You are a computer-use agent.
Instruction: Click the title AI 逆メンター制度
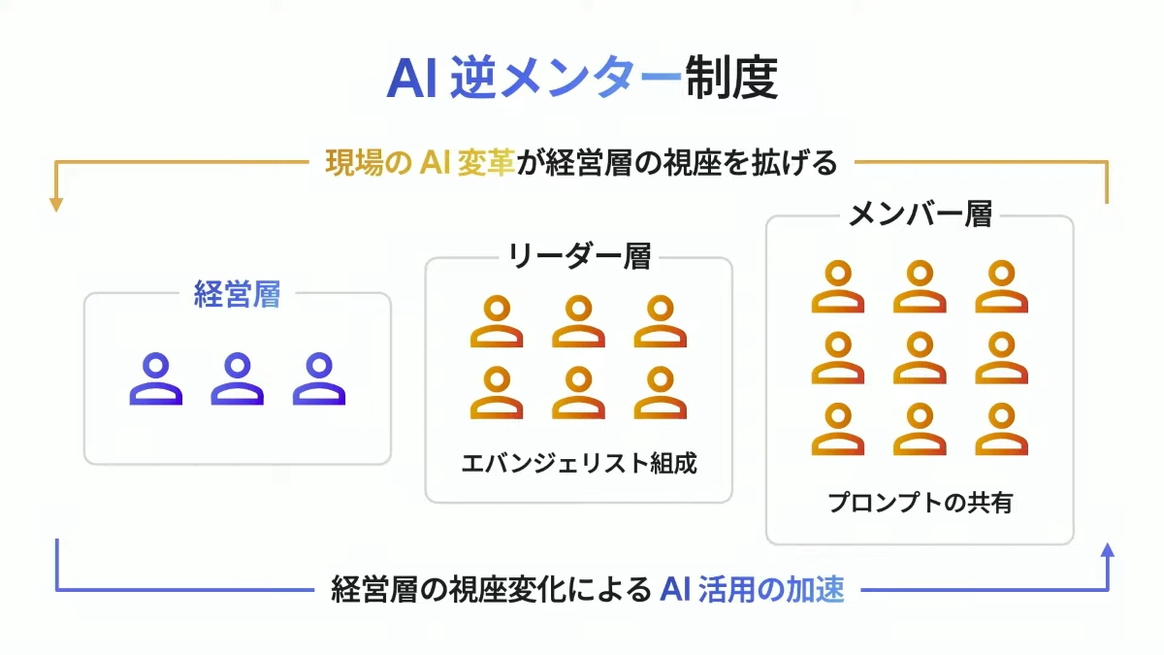pos(582,78)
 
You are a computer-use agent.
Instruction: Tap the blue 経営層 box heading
pos(237,294)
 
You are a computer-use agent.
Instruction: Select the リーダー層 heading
pos(579,256)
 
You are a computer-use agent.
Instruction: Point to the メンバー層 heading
pos(920,213)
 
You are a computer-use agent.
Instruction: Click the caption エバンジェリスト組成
pos(579,463)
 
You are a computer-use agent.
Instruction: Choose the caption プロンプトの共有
pos(920,503)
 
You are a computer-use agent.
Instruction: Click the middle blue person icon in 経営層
pos(237,378)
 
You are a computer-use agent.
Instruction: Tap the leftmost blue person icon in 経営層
pos(156,378)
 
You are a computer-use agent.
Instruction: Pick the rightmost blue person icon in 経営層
pos(319,378)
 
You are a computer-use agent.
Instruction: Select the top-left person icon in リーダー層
pos(497,321)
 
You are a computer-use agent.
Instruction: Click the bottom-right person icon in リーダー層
pos(661,392)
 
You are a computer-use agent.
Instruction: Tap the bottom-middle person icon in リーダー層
pos(578,392)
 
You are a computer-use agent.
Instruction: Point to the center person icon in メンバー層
pos(920,358)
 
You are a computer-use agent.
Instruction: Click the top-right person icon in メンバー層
pos(1001,286)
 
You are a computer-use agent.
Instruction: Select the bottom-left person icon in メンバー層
pos(838,429)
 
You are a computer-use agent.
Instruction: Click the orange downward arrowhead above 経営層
pos(56,205)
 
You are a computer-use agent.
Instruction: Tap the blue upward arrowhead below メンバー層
pos(1108,550)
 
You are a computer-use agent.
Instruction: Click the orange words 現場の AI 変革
pos(420,163)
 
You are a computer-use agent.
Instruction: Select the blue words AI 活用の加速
pos(752,590)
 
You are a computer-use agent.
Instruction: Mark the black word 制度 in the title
pos(731,78)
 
